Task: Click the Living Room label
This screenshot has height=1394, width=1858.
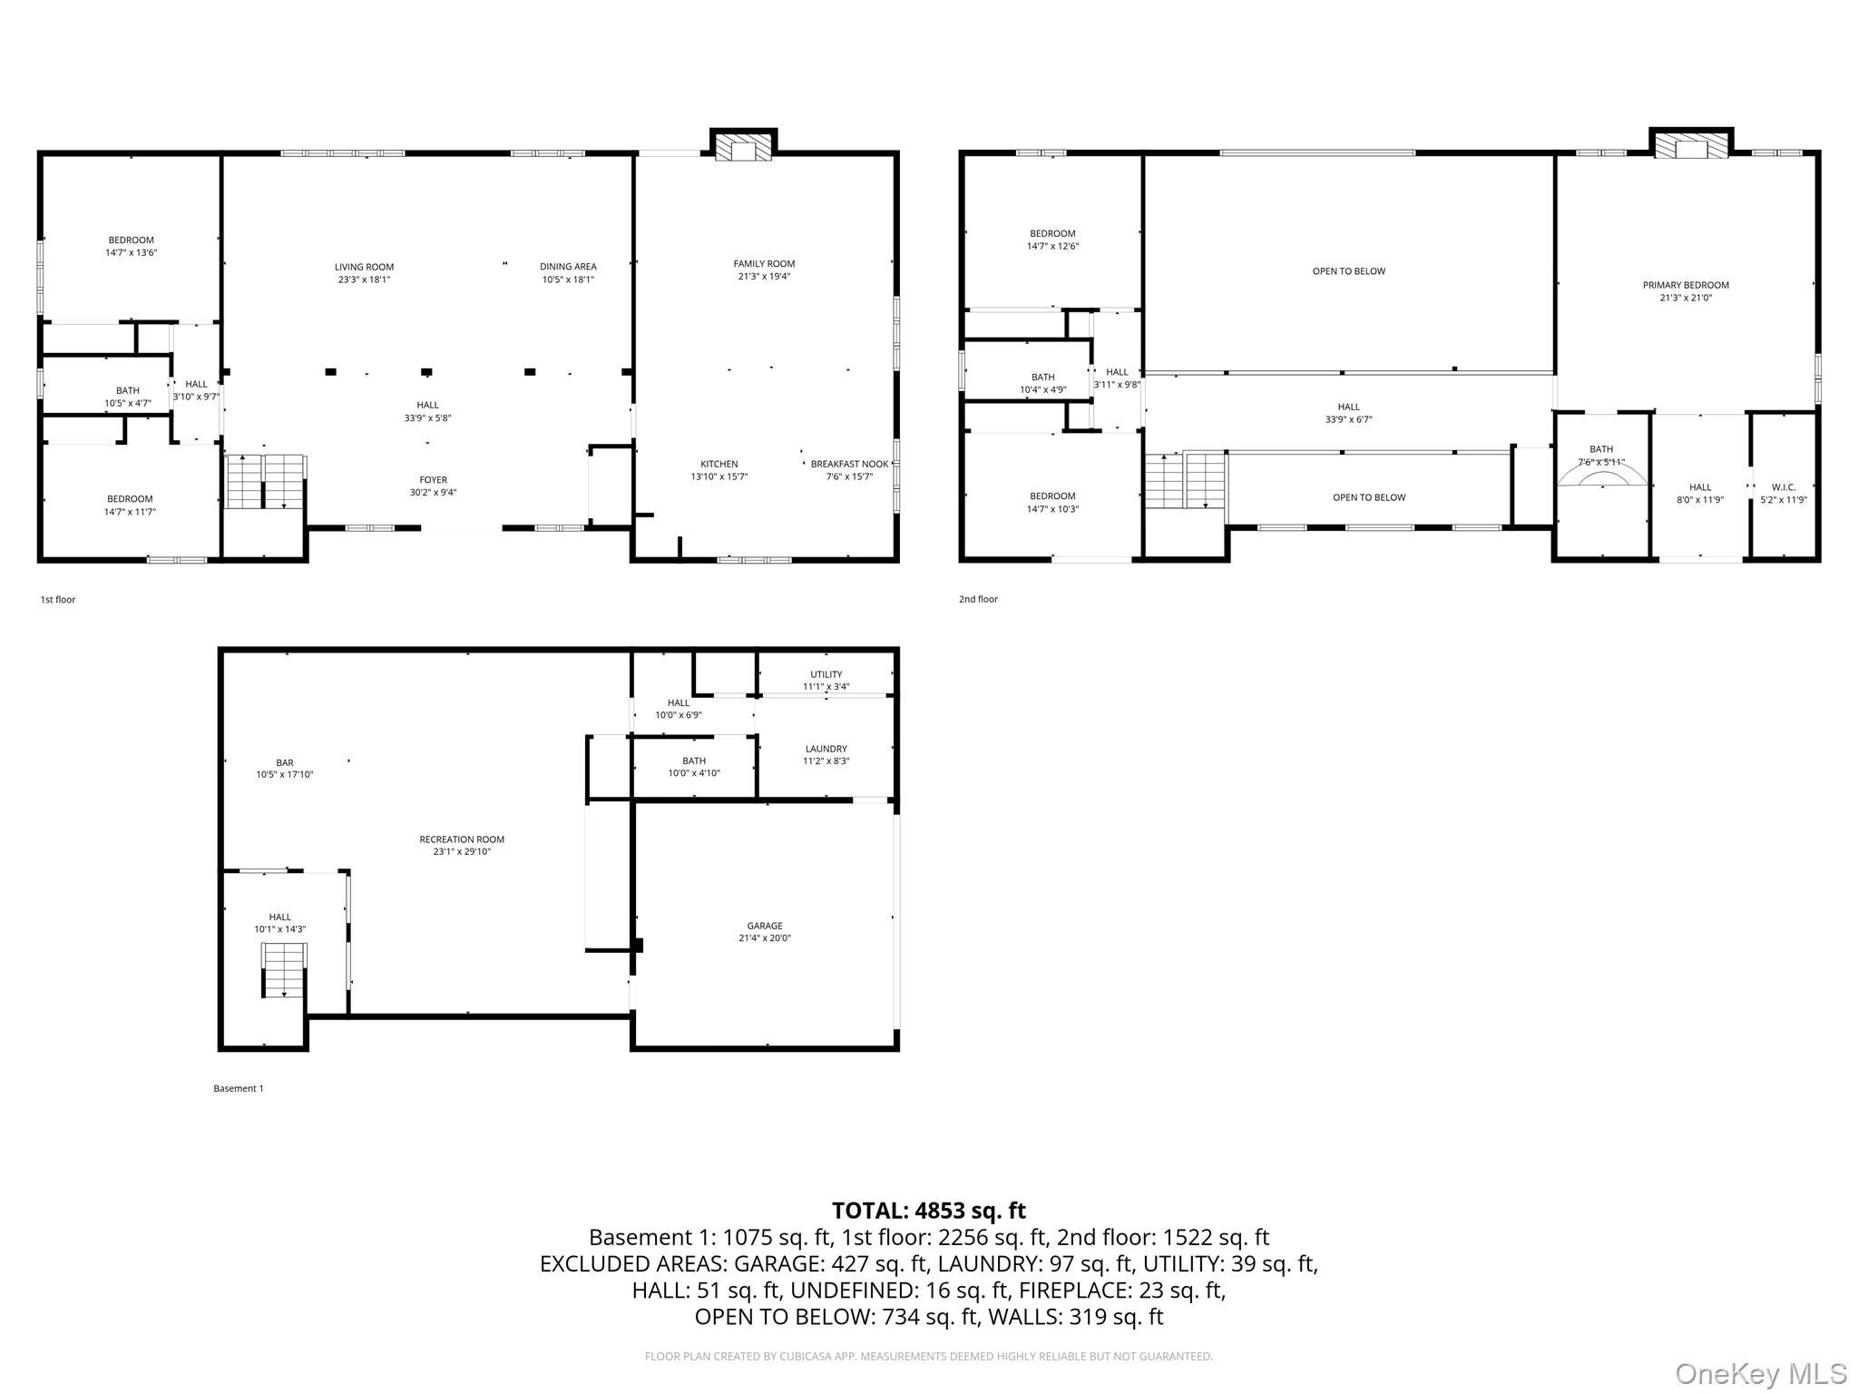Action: (x=364, y=267)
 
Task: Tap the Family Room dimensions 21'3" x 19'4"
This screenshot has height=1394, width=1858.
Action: (x=764, y=277)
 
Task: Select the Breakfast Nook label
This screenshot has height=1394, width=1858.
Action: (x=849, y=464)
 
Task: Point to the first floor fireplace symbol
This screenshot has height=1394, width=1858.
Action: (x=743, y=149)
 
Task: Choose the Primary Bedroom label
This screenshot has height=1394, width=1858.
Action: (x=1686, y=285)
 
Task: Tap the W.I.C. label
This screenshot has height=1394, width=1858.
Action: (x=1784, y=487)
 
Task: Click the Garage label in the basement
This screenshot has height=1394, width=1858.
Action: (x=765, y=926)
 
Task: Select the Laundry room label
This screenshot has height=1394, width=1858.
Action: (x=826, y=749)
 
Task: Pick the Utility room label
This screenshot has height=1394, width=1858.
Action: (x=826, y=674)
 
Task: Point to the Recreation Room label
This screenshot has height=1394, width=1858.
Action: (x=462, y=839)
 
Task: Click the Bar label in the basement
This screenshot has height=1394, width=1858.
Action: (x=285, y=762)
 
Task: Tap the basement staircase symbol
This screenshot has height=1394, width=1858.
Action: (x=285, y=970)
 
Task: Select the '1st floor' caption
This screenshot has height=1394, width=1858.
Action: (x=58, y=600)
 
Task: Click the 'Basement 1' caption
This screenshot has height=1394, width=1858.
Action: (x=239, y=1088)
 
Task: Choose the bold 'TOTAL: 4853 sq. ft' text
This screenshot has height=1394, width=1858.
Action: (x=929, y=1211)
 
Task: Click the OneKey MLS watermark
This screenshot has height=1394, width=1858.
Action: (x=1761, y=1373)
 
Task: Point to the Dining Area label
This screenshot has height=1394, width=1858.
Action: (x=568, y=267)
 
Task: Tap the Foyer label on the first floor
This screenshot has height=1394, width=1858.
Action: (x=433, y=480)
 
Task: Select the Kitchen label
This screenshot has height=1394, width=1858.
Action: (x=719, y=464)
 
